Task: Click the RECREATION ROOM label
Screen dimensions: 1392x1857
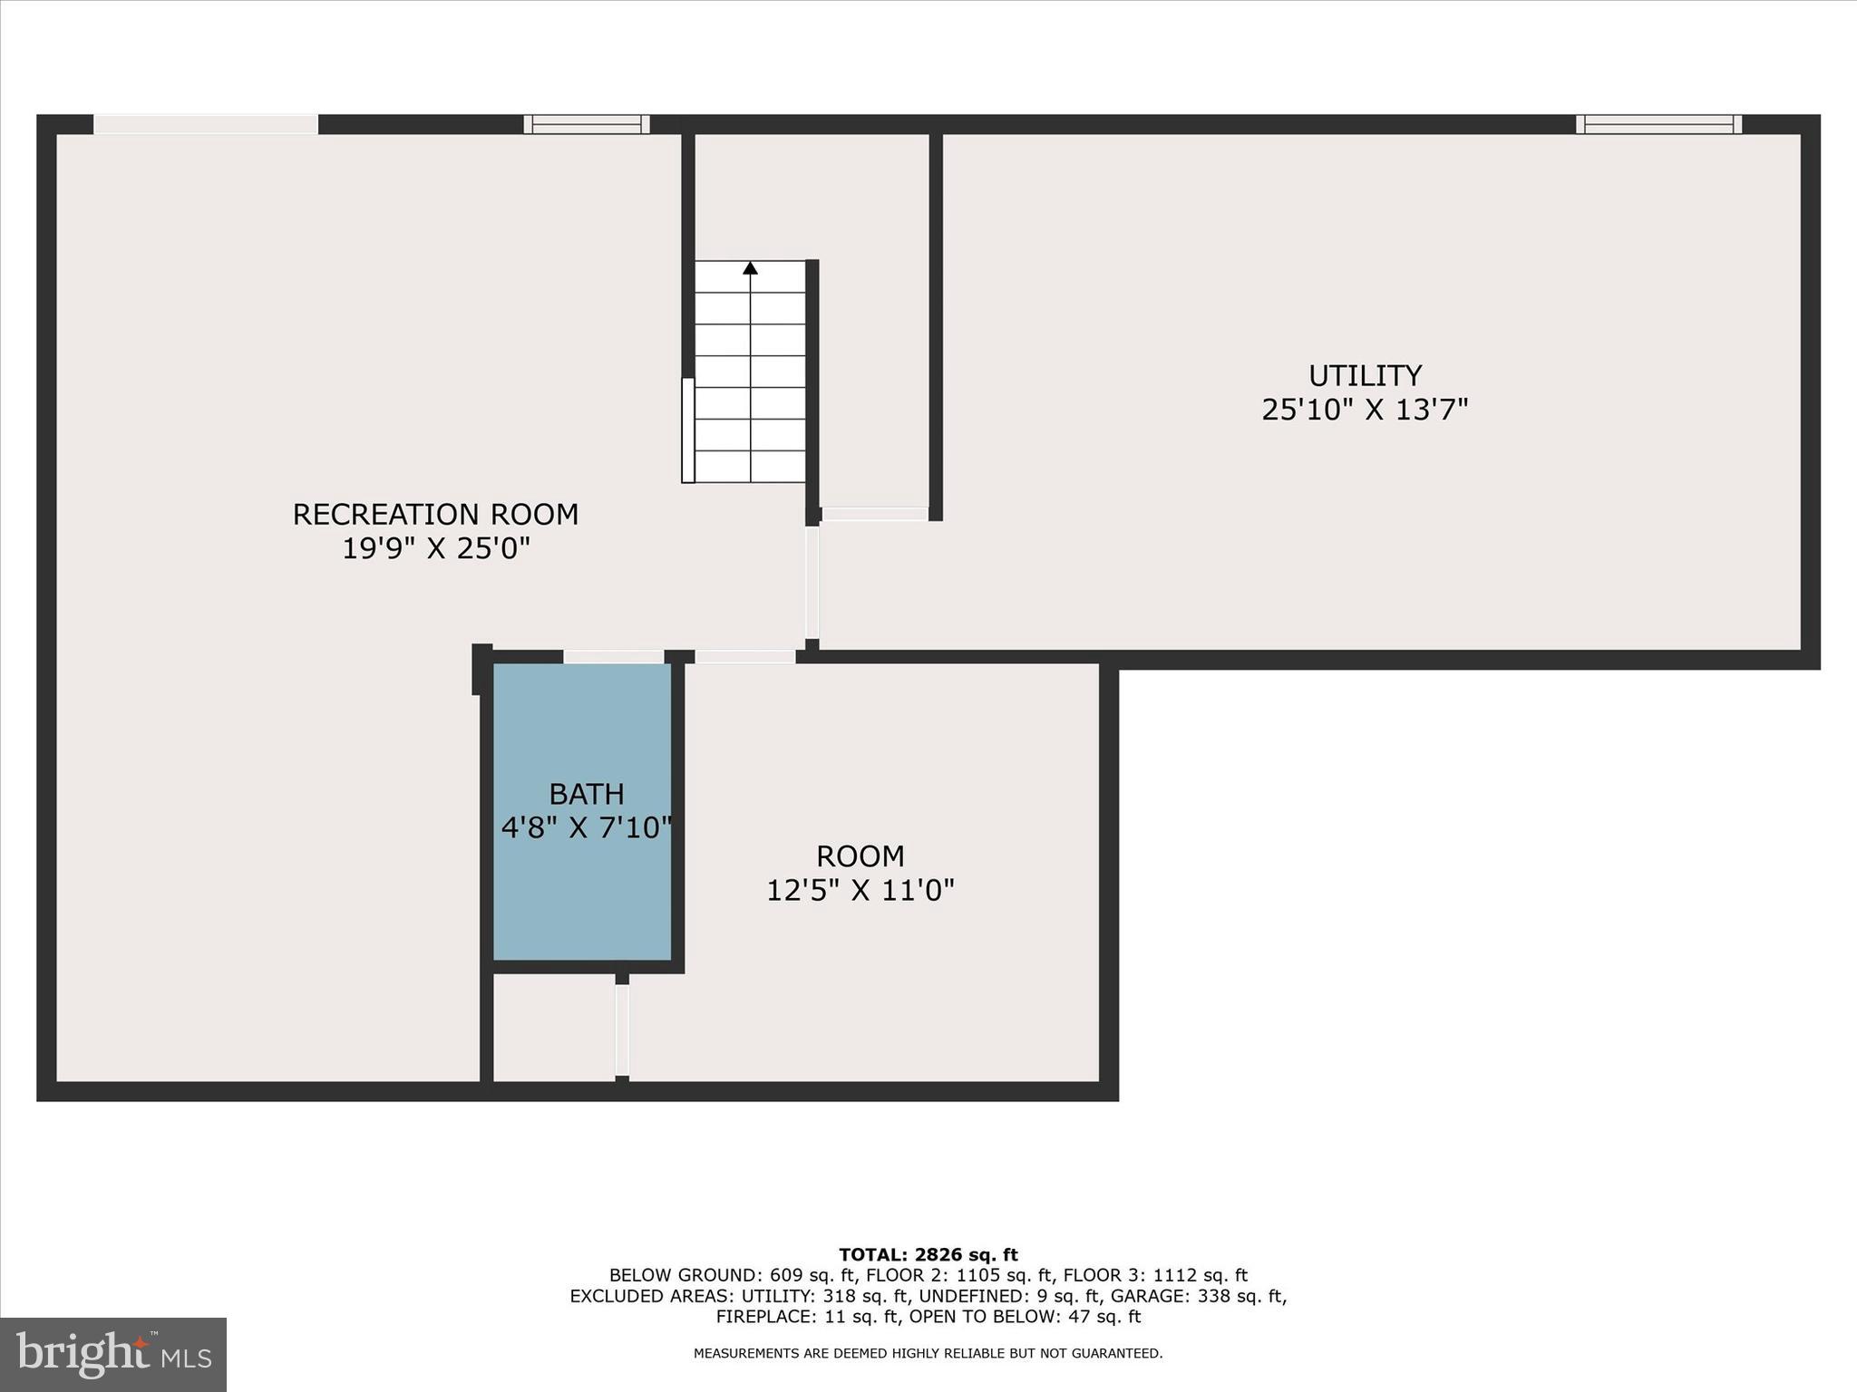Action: tap(435, 514)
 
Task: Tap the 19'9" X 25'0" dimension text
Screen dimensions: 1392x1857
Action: tap(435, 548)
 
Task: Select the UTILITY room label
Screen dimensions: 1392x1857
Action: tap(1365, 375)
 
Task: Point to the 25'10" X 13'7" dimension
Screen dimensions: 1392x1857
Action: tap(1365, 410)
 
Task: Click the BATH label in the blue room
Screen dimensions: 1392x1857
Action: tap(587, 794)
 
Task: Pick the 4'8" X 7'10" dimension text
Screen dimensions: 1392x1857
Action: tap(587, 827)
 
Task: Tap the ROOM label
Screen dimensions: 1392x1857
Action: tap(860, 856)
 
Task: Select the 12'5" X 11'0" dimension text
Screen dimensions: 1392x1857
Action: tap(860, 891)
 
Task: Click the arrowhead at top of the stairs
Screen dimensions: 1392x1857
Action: tap(750, 267)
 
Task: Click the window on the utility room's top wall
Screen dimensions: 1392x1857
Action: tap(1658, 124)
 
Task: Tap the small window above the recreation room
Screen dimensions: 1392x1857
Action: tap(587, 124)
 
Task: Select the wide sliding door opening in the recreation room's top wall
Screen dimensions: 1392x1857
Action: tap(206, 124)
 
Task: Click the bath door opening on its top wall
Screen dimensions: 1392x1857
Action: tap(614, 656)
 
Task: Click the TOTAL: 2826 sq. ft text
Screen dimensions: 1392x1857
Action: tap(928, 1255)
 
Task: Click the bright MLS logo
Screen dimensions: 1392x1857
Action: tap(113, 1354)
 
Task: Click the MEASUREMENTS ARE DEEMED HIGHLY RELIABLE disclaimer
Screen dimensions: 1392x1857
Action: tap(928, 1354)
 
